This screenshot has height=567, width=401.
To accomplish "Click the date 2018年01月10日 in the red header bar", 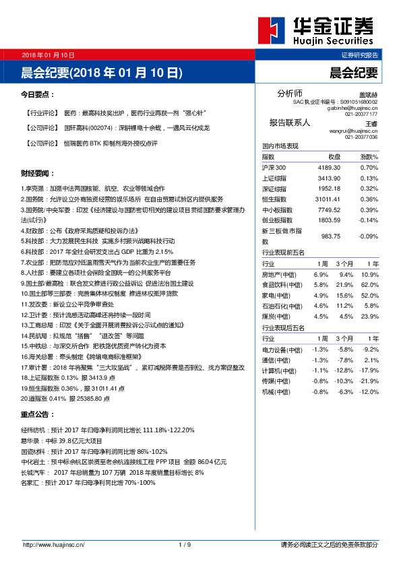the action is point(48,55).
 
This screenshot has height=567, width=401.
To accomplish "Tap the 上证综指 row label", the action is point(274,178).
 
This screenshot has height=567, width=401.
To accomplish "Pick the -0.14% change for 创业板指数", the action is point(369,220).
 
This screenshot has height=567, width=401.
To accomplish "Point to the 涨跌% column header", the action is point(369,156).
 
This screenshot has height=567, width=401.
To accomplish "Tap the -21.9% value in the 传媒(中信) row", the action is point(369,380).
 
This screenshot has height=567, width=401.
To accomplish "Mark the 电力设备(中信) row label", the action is point(282,349).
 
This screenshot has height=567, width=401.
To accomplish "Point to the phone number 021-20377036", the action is point(361,137).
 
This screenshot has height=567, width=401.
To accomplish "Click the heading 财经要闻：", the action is point(38,173).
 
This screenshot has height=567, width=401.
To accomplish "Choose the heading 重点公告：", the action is point(38,414).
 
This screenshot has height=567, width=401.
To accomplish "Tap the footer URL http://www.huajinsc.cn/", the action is point(57,544).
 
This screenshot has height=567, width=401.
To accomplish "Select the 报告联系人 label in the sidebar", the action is point(289,123).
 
